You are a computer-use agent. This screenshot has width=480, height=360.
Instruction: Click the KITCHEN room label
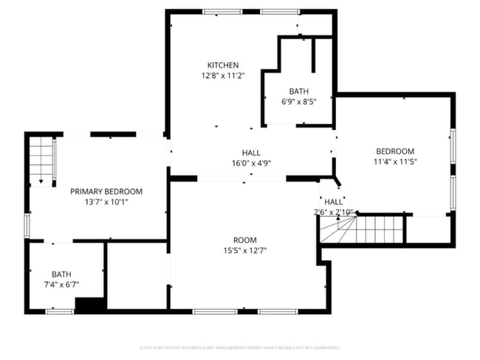coord(222,65)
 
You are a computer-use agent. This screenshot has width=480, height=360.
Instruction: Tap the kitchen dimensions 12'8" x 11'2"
coord(222,75)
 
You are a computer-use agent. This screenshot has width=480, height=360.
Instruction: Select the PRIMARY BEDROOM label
coord(106,191)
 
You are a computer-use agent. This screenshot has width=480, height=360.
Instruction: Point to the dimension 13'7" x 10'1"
coord(106,201)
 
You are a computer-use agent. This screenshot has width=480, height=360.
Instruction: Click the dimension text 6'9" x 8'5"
coord(298,102)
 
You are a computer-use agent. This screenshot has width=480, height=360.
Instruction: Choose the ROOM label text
coord(244,240)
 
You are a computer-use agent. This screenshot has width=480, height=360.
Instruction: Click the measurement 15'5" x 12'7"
coord(244,250)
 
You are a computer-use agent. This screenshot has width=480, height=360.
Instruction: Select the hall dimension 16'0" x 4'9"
coord(251,163)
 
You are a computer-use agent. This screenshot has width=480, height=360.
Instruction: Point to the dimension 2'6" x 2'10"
coord(333,212)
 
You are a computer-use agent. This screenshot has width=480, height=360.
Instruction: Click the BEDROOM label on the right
coord(395,151)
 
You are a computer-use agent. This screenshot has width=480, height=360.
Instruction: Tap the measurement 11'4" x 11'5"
coord(395,162)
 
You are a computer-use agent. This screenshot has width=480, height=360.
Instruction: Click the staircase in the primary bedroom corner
coord(42,161)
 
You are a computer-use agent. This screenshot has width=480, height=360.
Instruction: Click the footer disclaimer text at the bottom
coord(240,347)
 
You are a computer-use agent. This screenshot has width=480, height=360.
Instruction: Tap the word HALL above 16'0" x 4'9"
coord(251,153)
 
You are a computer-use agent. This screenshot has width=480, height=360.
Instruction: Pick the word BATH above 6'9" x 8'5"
coord(298,91)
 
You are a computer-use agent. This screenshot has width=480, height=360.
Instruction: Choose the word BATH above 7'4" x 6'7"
coord(61,274)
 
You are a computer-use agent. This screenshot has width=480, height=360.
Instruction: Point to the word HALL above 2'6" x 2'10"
coord(333,201)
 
